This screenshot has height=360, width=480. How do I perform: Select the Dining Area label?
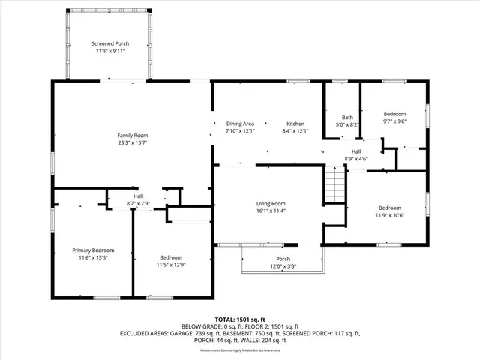coord(241,123)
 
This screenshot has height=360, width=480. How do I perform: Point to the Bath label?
coord(347,117)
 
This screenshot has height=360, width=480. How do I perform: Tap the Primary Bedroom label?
coord(93,250)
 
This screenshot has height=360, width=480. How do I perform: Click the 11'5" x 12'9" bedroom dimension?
coord(172,265)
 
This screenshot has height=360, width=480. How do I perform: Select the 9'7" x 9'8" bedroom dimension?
coord(394,121)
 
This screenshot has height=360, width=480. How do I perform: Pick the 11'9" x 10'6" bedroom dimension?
coord(389,215)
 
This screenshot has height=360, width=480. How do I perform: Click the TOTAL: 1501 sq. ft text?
coord(241,319)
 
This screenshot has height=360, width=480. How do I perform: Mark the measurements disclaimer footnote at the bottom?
coord(241,350)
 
